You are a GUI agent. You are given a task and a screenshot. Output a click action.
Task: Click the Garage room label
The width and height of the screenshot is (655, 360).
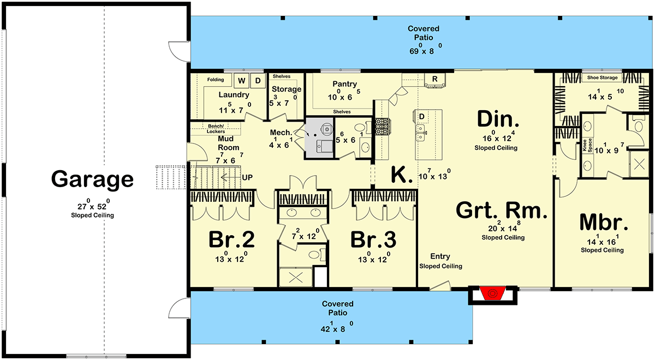(x=92, y=179)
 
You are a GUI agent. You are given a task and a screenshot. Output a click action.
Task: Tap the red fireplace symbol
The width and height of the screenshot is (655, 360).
(x=492, y=294)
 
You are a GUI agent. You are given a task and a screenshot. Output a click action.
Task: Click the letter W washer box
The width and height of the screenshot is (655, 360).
(x=241, y=81)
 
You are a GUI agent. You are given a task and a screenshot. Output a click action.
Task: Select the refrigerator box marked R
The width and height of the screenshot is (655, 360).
(x=434, y=79)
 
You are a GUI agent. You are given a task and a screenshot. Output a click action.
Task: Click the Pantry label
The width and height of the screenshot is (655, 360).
(x=344, y=84)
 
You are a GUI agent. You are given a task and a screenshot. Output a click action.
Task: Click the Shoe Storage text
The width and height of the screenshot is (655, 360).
(x=603, y=78)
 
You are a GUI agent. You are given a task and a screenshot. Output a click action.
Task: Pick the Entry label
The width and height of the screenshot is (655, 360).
(x=440, y=256)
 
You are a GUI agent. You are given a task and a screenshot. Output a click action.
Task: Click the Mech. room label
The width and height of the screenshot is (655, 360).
(x=280, y=133)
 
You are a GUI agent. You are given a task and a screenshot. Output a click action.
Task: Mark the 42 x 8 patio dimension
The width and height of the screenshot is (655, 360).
(x=337, y=329)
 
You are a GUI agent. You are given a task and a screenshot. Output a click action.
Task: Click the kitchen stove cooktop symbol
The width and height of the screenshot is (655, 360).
(x=380, y=127)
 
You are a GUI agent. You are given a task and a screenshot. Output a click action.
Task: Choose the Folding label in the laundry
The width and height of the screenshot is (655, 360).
(x=215, y=80)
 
